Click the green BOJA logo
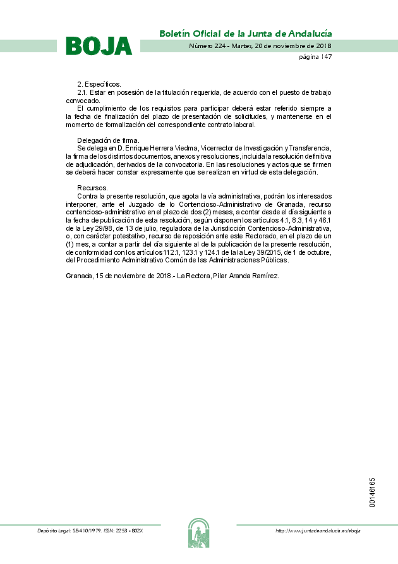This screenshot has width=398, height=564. click(99, 46)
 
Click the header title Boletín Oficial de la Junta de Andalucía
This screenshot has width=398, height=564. click(245, 33)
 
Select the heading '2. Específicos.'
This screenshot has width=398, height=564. click(99, 84)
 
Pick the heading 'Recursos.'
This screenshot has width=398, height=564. click(92, 188)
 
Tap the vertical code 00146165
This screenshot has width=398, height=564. click(373, 493)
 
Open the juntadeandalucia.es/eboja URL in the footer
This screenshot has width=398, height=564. click(318, 530)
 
